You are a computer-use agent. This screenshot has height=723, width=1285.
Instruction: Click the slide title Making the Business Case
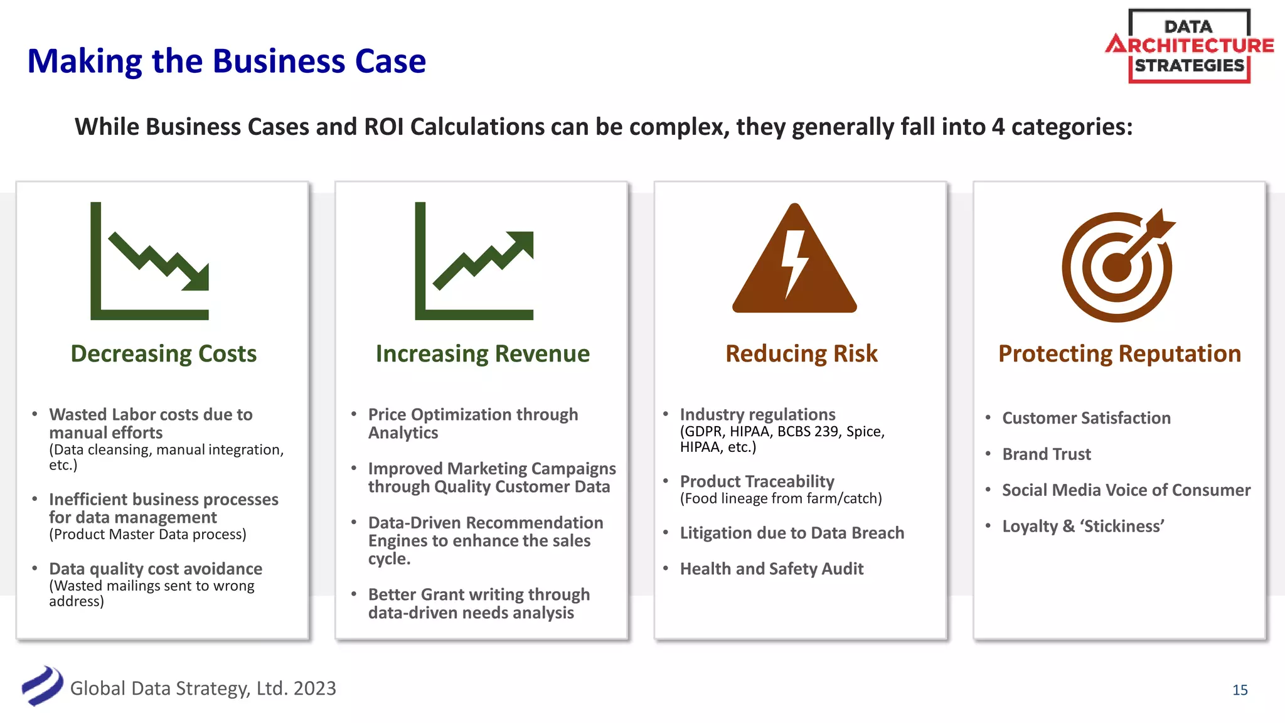coord(227,62)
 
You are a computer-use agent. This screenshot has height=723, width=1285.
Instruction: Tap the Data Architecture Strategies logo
coord(1189,46)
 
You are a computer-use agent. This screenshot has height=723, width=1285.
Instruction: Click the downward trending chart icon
coord(150,261)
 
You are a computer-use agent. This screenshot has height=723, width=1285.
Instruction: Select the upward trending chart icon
coord(474,261)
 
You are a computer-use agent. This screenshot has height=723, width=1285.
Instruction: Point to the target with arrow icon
coord(1117,266)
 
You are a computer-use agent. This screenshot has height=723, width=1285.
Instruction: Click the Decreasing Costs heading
coord(163,354)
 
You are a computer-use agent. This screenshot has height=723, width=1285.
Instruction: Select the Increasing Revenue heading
coord(483,354)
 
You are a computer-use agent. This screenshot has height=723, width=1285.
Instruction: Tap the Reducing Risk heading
coord(801,354)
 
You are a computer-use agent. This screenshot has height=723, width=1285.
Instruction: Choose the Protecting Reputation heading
coord(1119,354)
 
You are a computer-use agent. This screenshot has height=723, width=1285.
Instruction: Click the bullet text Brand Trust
coord(1046,454)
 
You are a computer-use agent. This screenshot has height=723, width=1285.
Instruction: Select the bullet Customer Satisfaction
coord(1086,418)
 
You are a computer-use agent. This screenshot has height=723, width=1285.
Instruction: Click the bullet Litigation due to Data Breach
coord(792,533)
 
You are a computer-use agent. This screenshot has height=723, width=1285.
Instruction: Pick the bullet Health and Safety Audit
coord(772,569)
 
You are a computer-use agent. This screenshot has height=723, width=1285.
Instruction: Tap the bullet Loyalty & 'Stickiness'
coord(1083,526)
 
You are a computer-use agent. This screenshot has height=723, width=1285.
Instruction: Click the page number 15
coord(1240,690)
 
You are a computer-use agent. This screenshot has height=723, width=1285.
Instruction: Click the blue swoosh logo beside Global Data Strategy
coord(42,686)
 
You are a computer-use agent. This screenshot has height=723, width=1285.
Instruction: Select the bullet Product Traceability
coord(757,481)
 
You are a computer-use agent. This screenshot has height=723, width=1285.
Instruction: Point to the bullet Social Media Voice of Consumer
coord(1126,490)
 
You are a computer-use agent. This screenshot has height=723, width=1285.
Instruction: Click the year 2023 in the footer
coord(315,688)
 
